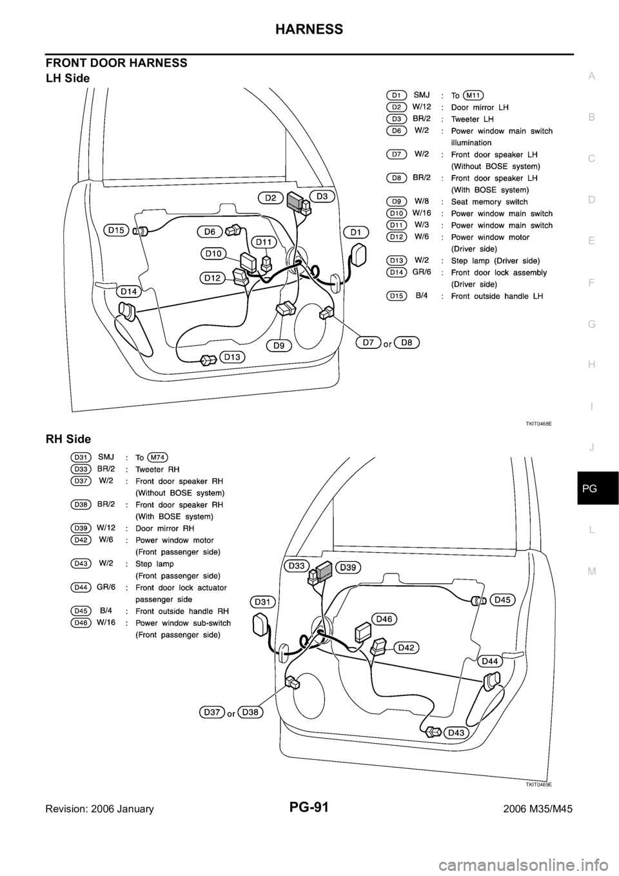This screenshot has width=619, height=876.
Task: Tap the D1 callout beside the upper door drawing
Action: [x=356, y=232]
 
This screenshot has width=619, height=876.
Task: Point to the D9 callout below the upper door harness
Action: [x=279, y=345]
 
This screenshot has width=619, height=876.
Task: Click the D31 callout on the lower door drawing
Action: [x=262, y=601]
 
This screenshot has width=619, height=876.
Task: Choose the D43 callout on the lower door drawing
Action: [x=456, y=732]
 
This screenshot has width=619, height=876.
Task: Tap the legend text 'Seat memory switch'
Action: [x=489, y=202]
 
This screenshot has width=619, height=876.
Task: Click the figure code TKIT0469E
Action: [x=538, y=784]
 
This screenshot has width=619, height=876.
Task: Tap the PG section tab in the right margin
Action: [x=592, y=490]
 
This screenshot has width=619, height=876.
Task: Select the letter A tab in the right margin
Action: [x=592, y=76]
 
